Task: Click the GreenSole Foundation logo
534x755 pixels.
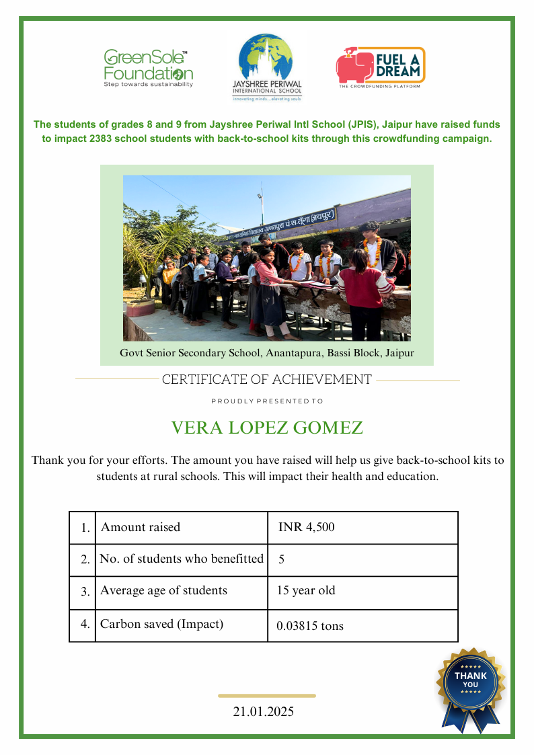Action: [148, 68]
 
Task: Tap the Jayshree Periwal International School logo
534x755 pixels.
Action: [267, 67]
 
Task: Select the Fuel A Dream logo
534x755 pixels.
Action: [381, 68]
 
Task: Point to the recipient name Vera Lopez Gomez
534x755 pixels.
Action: [267, 428]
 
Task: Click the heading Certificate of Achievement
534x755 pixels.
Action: [267, 380]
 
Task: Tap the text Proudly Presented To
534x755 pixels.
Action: [267, 401]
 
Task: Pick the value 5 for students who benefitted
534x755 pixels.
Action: [282, 559]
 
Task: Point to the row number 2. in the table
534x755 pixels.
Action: [85, 559]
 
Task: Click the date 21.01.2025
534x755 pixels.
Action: [264, 712]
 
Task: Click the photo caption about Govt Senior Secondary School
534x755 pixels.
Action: [267, 353]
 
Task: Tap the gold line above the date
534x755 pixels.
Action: [267, 696]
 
